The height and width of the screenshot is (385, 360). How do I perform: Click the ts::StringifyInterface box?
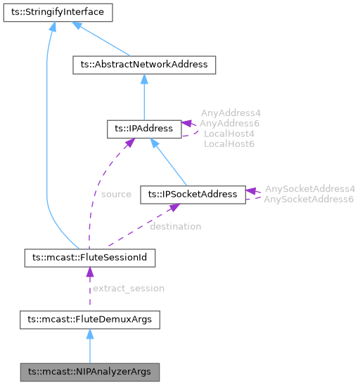(x=53, y=12)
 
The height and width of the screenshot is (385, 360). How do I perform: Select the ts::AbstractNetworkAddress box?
(x=144, y=65)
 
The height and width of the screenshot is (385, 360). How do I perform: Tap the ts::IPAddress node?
(x=143, y=129)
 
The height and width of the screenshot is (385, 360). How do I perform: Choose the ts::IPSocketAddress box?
(x=193, y=195)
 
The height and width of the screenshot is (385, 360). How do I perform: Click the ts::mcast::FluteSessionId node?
(x=89, y=258)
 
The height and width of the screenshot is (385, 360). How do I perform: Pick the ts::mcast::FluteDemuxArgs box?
(x=89, y=320)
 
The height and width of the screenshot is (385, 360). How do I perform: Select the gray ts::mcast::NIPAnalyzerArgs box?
(x=89, y=370)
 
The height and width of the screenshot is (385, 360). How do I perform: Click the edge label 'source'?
(x=116, y=194)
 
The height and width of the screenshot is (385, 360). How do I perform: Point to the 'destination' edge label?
(x=175, y=226)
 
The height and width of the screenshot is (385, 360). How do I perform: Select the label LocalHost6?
(x=229, y=143)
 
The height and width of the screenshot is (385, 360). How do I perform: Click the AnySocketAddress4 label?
(x=309, y=189)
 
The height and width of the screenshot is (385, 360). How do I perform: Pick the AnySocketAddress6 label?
(x=309, y=200)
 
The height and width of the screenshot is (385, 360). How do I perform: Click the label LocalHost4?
(x=229, y=133)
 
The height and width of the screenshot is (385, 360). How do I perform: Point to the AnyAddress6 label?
(x=229, y=123)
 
